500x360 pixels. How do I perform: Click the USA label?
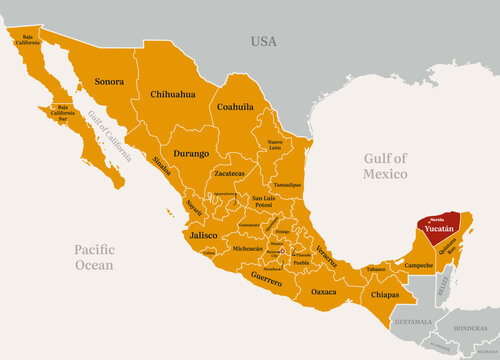[x=263, y=41]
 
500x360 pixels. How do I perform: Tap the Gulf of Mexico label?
[x=386, y=166]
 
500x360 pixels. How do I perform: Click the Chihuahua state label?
[x=172, y=94]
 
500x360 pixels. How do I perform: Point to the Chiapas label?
[x=383, y=295]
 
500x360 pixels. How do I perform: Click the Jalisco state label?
[x=202, y=235]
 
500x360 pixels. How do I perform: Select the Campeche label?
[x=419, y=265]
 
